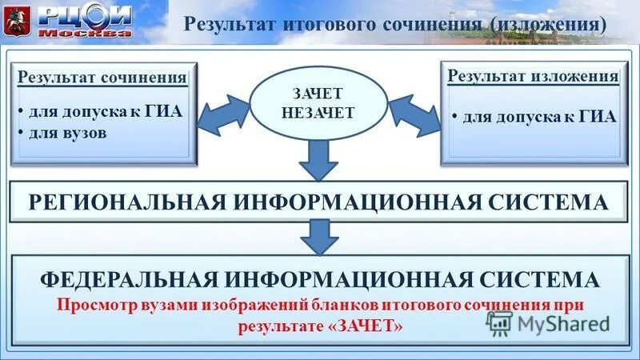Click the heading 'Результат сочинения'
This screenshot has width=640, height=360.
pos(102,78)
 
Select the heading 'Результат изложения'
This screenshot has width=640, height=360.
pos(532,77)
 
